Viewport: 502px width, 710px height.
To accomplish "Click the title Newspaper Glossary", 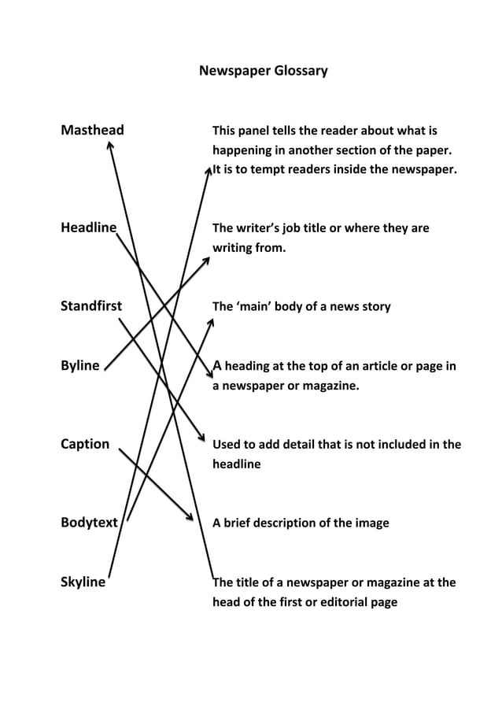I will click(263, 71).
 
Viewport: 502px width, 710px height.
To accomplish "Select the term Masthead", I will click(92, 130).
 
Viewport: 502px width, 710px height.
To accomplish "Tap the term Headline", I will click(89, 228).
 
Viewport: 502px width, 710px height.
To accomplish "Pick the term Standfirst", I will click(91, 306).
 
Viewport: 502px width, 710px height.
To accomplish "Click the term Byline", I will click(80, 365).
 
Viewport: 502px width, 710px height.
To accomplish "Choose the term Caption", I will click(85, 444).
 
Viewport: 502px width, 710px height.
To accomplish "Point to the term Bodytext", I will click(89, 522).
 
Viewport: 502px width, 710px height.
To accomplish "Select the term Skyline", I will click(83, 582).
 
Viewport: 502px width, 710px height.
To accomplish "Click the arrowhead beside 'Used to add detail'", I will click(201, 438).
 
